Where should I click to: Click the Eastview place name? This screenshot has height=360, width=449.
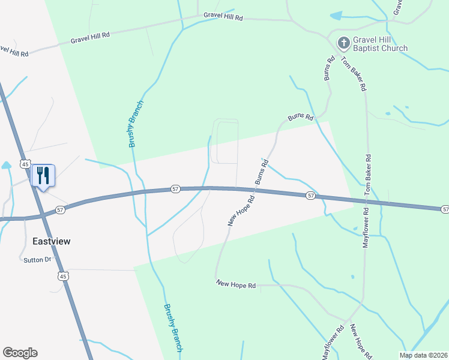pos(51,241)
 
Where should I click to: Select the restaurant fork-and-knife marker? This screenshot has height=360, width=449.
pos(43,176)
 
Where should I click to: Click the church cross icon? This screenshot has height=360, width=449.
pos(343,43)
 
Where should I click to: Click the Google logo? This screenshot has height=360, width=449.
pos(20,352)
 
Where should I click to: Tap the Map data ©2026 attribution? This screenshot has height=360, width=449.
pos(423,355)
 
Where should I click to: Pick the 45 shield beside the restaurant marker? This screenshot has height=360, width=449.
pos(25,163)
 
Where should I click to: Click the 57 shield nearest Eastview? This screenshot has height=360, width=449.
pos(60,210)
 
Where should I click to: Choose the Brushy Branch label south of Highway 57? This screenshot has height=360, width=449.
pos(172,328)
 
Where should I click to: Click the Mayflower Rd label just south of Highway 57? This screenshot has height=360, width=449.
pos(365,227)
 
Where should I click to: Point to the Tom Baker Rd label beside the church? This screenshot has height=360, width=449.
pos(354,73)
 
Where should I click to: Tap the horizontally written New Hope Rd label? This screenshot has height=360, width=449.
pos(236,285)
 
